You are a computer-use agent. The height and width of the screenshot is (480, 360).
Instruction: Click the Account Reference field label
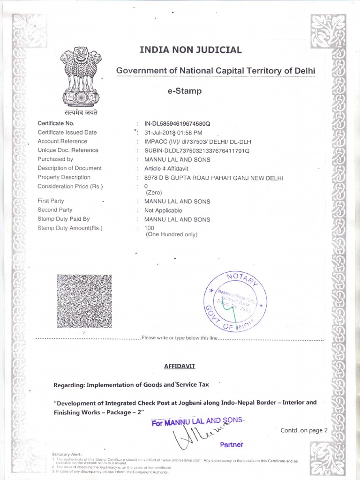pyautogui.click(x=62, y=141)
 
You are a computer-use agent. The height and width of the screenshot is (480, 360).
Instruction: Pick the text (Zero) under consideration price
pyautogui.click(x=154, y=192)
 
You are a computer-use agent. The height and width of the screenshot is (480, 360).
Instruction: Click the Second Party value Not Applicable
pyautogui.click(x=163, y=210)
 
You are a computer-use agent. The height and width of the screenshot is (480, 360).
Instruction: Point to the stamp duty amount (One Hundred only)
pyautogui.click(x=171, y=235)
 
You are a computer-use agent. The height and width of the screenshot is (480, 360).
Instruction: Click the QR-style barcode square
pyautogui.click(x=84, y=301)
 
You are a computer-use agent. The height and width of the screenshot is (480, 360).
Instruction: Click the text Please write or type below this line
pyautogui.click(x=180, y=338)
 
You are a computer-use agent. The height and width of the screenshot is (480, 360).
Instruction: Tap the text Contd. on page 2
pyautogui.click(x=304, y=430)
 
